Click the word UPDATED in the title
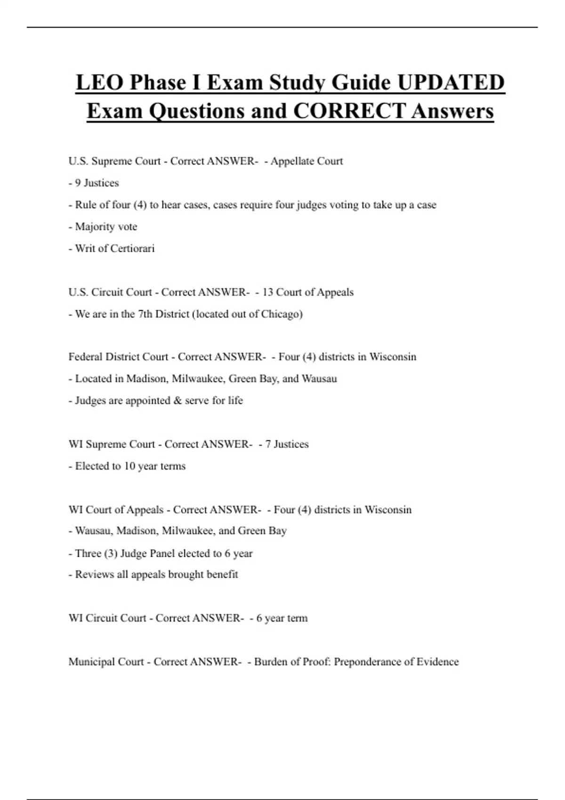[x=451, y=83]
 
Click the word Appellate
[x=292, y=161]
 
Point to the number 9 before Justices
[x=78, y=183]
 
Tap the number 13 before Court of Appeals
[x=267, y=292]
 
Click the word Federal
[x=85, y=357]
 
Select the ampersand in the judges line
[x=178, y=400]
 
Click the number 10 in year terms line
[x=129, y=466]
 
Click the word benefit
[x=221, y=575]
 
